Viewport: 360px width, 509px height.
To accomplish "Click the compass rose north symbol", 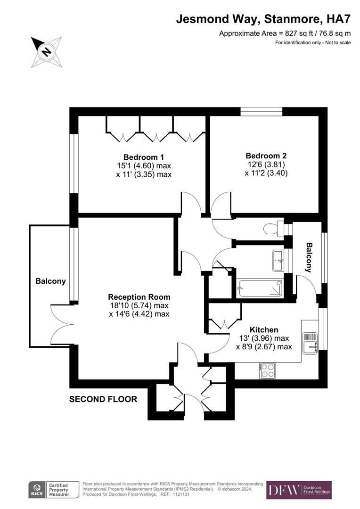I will point(46,51).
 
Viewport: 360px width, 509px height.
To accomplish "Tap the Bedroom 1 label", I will point(144,157).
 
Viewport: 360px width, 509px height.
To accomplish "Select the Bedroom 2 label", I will point(266,156).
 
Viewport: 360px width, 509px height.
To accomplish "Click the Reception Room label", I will point(139,297).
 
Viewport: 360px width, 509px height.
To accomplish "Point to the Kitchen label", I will point(264,330).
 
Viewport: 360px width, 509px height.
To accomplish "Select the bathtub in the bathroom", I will point(261,288).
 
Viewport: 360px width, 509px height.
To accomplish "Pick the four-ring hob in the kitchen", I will point(267,370).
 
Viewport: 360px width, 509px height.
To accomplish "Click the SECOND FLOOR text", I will point(103,399).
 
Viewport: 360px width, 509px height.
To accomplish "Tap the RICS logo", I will point(36,490).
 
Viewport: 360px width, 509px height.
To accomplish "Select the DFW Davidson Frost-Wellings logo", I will point(299,490).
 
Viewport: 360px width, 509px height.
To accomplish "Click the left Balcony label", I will point(50,281).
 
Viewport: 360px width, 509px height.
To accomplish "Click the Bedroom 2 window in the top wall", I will point(261,112).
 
